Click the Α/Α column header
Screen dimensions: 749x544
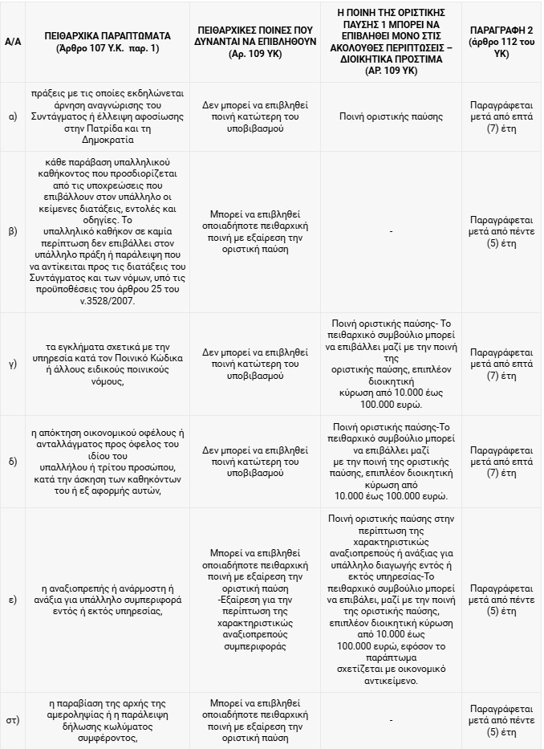pos(12,42)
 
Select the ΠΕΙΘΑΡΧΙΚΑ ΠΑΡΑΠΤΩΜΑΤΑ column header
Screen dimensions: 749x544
pos(108,42)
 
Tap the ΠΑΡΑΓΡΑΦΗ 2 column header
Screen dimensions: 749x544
pos(501,42)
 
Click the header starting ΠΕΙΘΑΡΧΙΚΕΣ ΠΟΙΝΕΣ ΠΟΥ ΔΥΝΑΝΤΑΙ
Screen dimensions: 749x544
pos(254,42)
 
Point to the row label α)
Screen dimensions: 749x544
pos(12,116)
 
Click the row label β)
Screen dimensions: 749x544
pos(12,231)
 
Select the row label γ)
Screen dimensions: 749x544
pos(12,364)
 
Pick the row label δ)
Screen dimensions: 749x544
pos(12,462)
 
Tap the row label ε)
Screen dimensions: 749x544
pos(12,600)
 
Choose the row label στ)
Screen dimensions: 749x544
pos(12,721)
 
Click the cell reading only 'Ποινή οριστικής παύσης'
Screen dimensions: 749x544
pos(391,116)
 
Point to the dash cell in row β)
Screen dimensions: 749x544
pos(391,231)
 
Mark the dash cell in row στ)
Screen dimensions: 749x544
pos(391,721)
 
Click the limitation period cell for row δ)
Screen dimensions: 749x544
pos(501,462)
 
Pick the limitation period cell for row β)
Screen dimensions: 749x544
pos(501,231)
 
